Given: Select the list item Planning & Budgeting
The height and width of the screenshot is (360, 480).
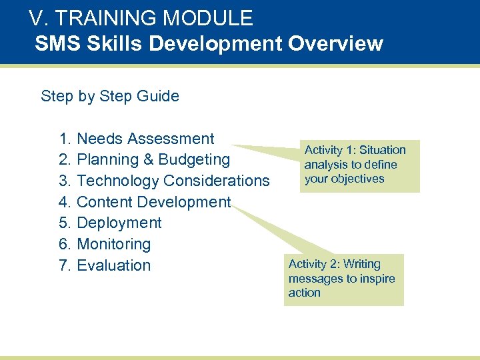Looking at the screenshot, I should tap(153, 160).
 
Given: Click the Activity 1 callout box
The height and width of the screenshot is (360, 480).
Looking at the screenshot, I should tap(359, 165).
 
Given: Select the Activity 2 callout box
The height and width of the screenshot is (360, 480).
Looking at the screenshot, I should tap(343, 279).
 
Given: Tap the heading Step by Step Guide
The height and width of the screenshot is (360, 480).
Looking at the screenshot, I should tap(110, 96).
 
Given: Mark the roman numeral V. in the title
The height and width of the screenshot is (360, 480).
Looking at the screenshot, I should tap(37, 18).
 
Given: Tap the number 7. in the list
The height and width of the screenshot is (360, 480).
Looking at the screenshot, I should tap(65, 265).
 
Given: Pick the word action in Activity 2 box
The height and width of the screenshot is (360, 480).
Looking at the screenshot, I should tap(304, 293).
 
